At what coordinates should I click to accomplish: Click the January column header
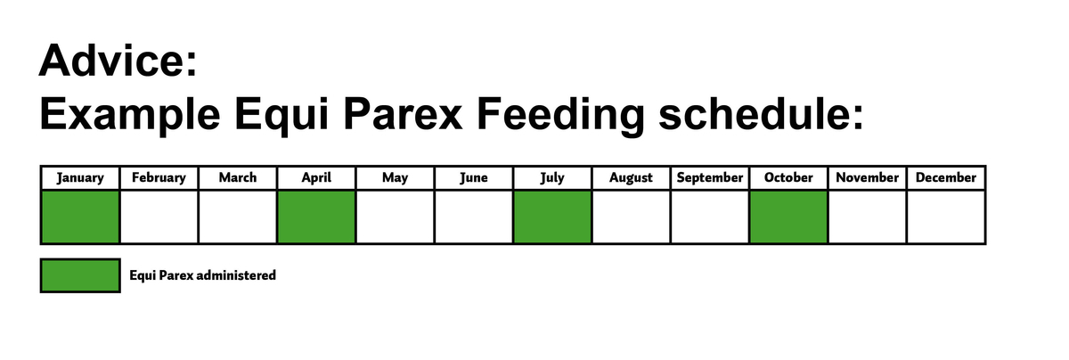(80, 177)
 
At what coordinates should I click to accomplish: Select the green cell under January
(80, 217)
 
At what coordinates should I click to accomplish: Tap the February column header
(159, 177)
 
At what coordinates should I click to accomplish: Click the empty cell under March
(238, 217)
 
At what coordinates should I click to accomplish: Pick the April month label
(316, 177)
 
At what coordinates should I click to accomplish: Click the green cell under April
(316, 217)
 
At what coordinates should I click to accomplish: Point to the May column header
(396, 177)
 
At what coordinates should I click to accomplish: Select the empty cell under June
(474, 217)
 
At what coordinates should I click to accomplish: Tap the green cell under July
(552, 217)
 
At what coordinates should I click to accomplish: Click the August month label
(631, 177)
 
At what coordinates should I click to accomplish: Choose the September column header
(710, 177)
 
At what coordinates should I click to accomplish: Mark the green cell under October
(788, 217)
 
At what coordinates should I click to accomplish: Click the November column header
(867, 177)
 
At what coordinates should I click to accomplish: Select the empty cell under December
(946, 217)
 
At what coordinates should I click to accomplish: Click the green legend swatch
(80, 275)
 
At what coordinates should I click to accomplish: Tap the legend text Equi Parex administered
(203, 275)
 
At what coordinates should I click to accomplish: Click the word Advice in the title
(118, 61)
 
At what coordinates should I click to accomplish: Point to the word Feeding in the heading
(560, 115)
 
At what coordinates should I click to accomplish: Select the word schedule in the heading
(761, 114)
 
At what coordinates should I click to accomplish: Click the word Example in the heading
(130, 115)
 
